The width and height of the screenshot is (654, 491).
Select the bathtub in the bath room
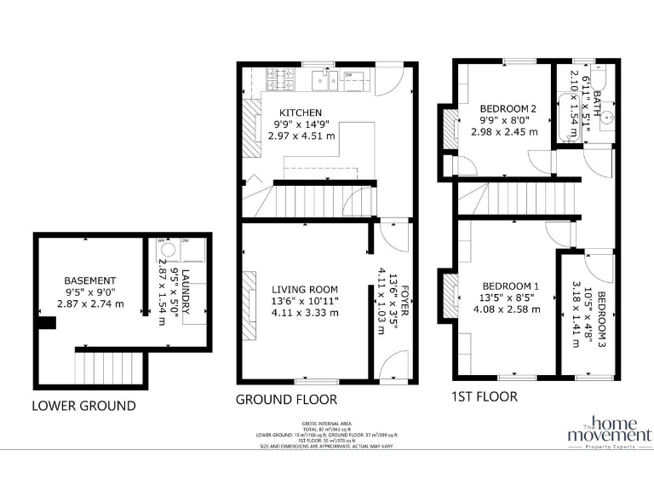click(565, 107)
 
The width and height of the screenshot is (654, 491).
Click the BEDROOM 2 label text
click(508, 108)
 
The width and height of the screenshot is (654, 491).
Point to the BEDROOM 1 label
click(511, 286)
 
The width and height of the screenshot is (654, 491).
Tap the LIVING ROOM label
click(305, 289)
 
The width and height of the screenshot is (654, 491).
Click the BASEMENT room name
click(89, 280)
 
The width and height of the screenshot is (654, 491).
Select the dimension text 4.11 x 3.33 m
click(305, 313)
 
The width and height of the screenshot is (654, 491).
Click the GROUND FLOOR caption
click(286, 399)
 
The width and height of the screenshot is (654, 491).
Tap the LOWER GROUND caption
click(83, 406)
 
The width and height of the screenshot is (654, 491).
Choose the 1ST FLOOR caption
click(485, 396)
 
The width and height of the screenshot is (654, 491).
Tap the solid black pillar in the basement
click(49, 322)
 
